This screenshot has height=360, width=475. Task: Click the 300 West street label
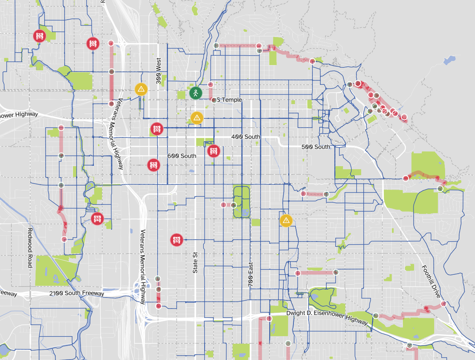tap(158, 70)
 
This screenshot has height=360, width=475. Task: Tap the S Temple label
tap(229, 100)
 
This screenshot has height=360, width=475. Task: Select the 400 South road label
tap(246, 137)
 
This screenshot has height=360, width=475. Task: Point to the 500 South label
tap(315, 147)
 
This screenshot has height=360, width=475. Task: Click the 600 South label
tap(182, 156)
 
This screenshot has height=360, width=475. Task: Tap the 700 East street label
tap(250, 276)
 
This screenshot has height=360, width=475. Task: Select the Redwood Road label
tap(30, 248)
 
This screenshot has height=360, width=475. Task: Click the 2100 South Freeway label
tap(76, 293)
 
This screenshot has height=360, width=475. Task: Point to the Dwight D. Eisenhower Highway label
tap(327, 317)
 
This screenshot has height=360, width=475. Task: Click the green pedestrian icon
tap(196, 93)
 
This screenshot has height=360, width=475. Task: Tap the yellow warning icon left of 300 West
tap(141, 89)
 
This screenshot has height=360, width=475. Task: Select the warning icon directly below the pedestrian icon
tap(197, 118)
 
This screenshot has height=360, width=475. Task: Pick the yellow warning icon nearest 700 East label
tap(286, 220)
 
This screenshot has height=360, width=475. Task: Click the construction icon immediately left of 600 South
tap(154, 165)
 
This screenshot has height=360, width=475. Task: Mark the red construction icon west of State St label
tap(177, 240)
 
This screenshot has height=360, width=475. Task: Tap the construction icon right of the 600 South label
tap(214, 151)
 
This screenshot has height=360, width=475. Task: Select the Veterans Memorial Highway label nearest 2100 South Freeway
tap(143, 266)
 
